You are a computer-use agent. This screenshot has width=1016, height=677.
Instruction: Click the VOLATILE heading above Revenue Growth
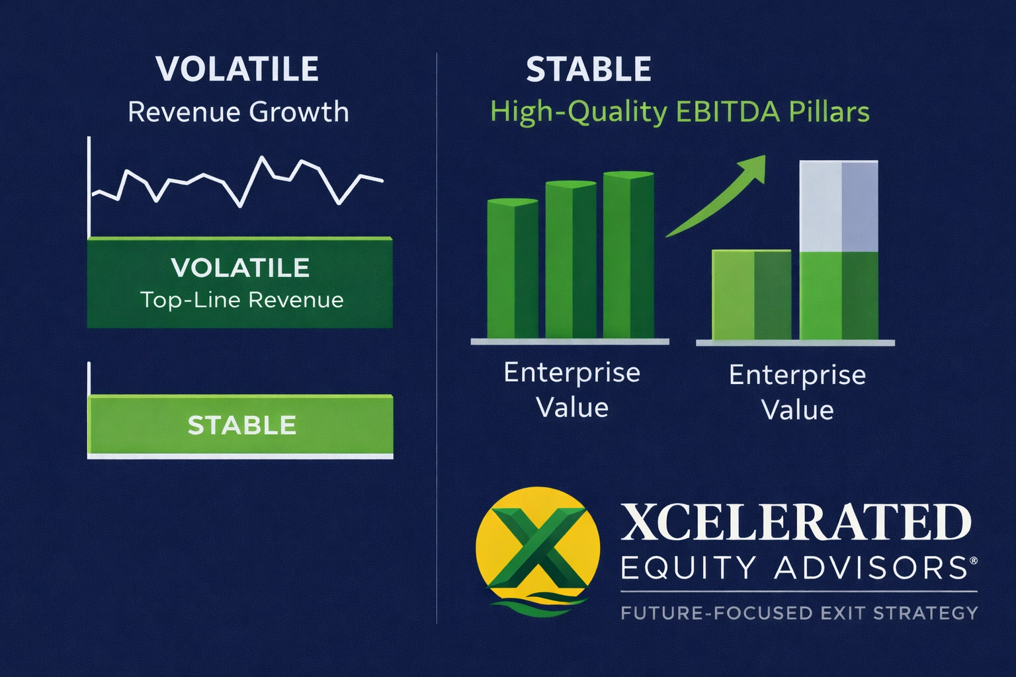(237, 69)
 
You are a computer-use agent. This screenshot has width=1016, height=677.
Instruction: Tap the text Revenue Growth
(238, 112)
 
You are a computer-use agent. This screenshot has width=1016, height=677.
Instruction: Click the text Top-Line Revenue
(242, 300)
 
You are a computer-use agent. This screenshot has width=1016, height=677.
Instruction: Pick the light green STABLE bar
(241, 425)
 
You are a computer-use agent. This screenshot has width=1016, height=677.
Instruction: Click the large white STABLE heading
(589, 69)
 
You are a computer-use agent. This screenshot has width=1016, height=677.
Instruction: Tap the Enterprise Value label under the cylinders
(572, 390)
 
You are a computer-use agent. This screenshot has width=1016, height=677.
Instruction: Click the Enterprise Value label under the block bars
(797, 392)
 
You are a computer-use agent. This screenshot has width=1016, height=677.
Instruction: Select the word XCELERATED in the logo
(796, 523)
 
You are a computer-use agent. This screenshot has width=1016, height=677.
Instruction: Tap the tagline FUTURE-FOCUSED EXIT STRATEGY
(799, 613)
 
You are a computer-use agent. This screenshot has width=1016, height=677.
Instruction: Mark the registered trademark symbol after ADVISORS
(972, 561)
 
